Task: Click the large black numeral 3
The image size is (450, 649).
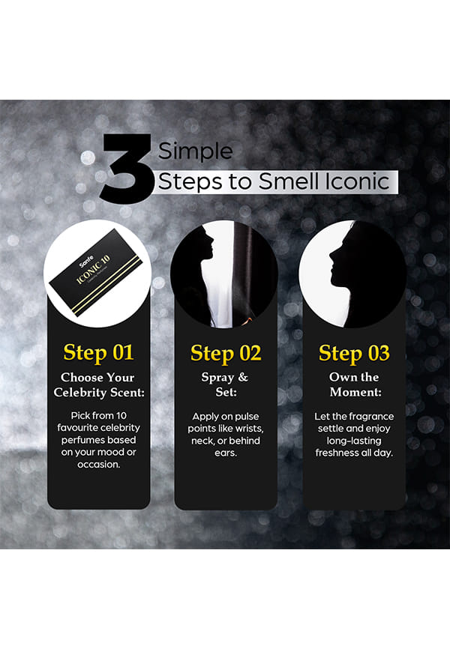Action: [x=127, y=169]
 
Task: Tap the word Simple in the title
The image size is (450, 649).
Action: [x=195, y=152]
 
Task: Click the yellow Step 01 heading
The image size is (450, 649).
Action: [x=98, y=353]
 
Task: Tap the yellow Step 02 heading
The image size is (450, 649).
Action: [x=226, y=354]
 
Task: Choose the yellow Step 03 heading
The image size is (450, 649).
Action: [x=354, y=354]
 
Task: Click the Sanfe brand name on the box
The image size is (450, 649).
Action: [x=86, y=262]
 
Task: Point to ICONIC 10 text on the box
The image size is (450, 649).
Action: [x=94, y=270]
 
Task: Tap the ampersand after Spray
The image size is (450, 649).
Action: [x=243, y=377]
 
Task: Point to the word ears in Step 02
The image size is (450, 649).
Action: [x=226, y=453]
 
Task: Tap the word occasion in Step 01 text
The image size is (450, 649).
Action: [x=98, y=465]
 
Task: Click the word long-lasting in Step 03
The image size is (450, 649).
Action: [x=354, y=441]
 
